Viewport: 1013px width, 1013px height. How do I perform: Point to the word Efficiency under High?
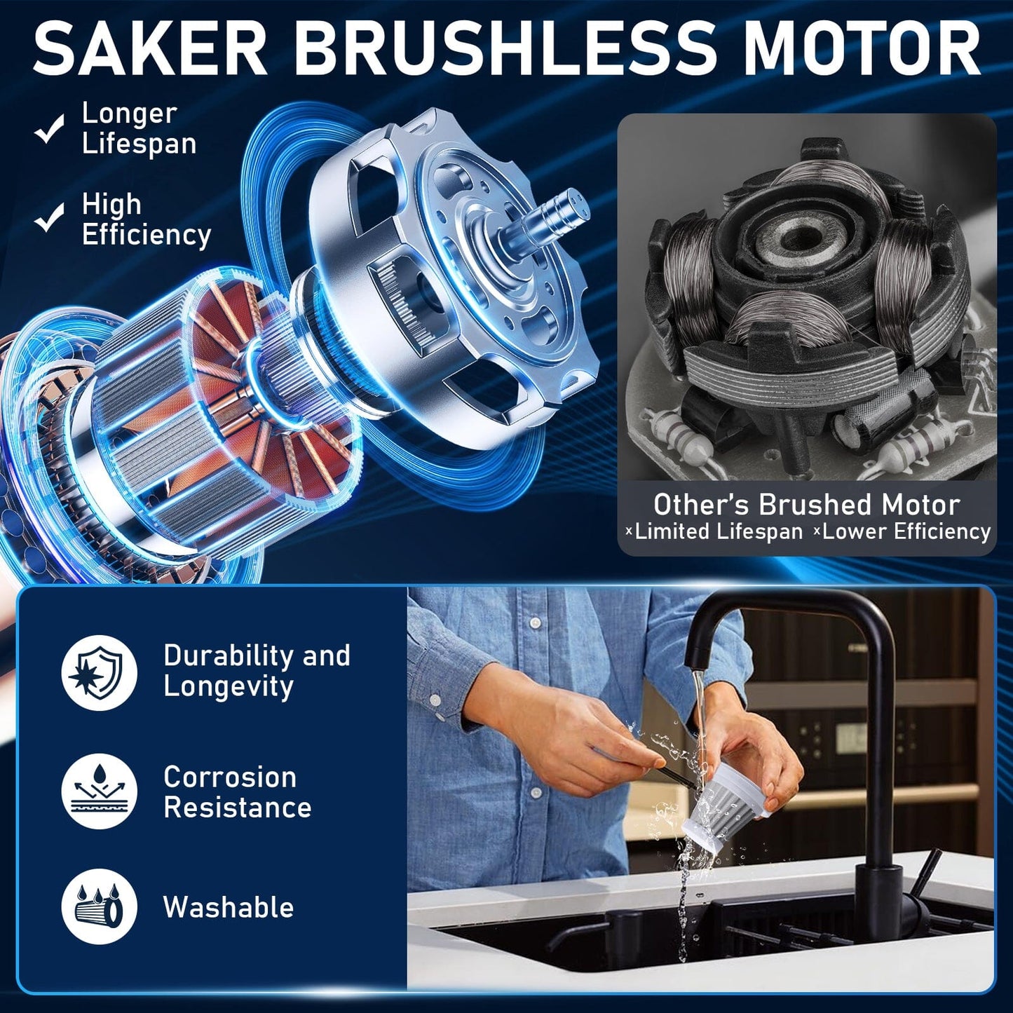pos(147,235)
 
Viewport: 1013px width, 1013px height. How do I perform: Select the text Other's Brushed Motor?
pos(806,505)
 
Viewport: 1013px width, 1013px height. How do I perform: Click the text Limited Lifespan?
pos(719,532)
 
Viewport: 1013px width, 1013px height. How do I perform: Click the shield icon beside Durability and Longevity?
pos(99,673)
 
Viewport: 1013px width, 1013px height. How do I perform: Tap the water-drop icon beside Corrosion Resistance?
pos(99,791)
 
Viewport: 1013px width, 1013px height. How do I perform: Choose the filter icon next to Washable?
pos(99,906)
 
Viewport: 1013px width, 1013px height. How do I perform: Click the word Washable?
pos(229,908)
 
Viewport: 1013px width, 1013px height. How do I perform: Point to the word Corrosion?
pos(230,777)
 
